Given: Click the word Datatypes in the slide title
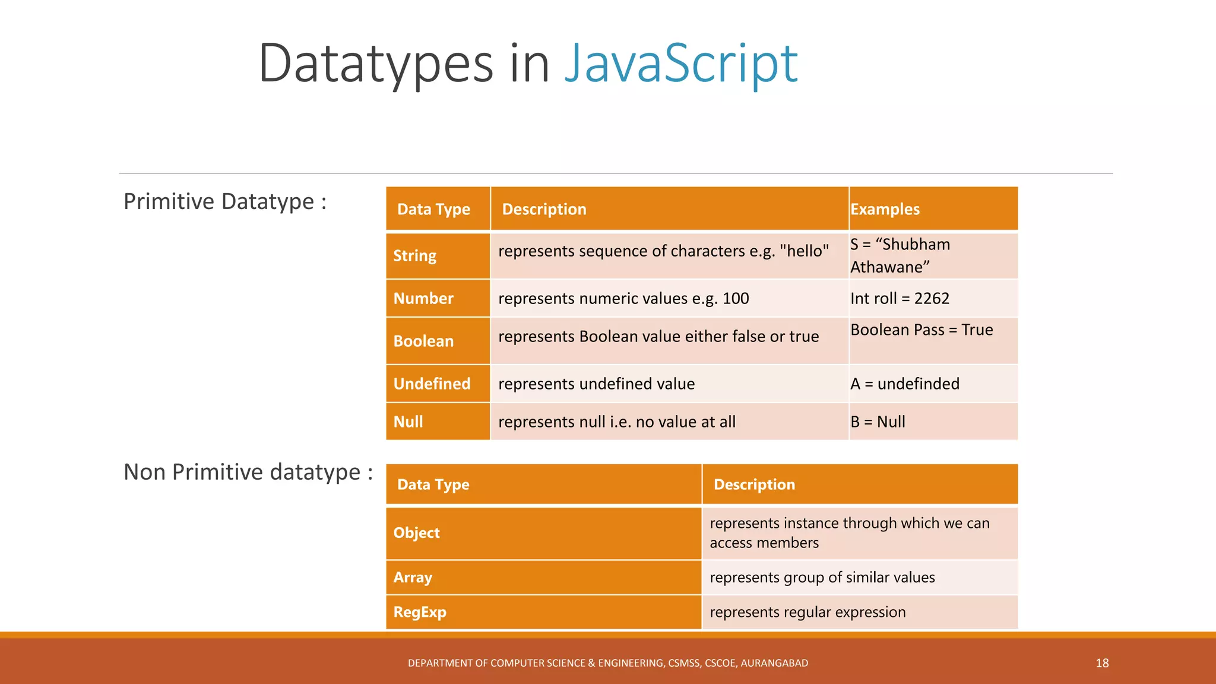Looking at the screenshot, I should point(376,64).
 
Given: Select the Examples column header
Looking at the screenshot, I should point(885,209).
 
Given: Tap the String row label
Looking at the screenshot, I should point(414,256).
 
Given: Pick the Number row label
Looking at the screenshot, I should point(423,298).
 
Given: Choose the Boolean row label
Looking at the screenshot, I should point(423,341).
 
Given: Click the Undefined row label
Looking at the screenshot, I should point(432,384).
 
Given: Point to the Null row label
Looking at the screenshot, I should point(408,422).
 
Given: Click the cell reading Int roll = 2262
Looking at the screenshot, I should point(900,298).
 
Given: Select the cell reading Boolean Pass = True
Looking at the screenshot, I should point(921,330).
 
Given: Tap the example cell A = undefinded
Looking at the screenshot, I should point(904,384).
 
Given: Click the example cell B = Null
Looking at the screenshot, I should point(878,422).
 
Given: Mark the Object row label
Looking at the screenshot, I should point(416,533).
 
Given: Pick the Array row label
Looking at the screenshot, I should point(413,577).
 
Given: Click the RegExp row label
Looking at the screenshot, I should point(420,612).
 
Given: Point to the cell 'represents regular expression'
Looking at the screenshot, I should point(807,612).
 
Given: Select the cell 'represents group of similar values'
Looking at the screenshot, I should point(822,577).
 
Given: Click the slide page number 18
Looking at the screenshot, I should point(1102,663).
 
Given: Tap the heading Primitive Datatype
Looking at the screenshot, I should point(224,202).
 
